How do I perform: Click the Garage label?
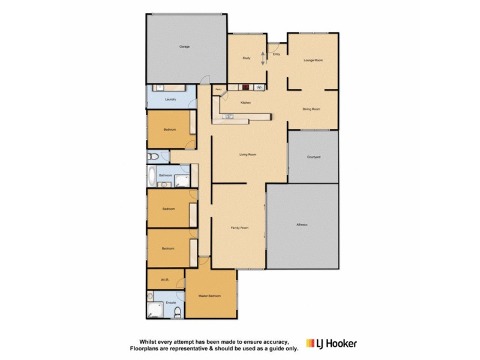[185, 46]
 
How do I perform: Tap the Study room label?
[246, 58]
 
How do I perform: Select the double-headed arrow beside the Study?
[263, 58]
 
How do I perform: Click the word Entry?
[276, 55]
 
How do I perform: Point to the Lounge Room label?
[313, 60]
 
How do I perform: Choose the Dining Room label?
[311, 109]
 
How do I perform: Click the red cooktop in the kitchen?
[246, 87]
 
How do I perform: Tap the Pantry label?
[218, 90]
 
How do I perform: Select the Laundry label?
[170, 99]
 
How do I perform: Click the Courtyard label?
[314, 157]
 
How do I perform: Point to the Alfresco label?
[302, 224]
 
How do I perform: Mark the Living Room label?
[248, 155]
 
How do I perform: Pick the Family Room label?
[240, 228]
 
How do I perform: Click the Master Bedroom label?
[210, 296]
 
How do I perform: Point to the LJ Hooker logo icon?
[310, 343]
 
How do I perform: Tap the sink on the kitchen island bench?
[230, 117]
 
